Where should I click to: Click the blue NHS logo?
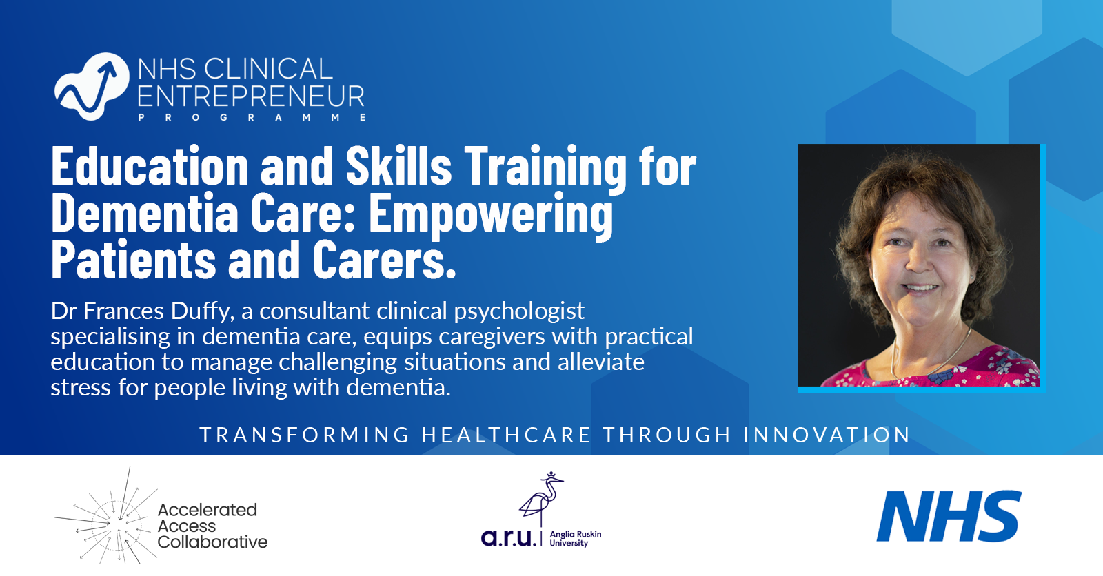coord(949,516)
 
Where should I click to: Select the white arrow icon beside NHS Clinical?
coord(91,86)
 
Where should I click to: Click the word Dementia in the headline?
coord(144,214)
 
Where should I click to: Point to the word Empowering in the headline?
coord(490,215)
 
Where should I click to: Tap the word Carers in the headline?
coord(384,260)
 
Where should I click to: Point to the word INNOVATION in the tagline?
coord(827,435)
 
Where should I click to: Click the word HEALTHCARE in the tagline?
coord(506,435)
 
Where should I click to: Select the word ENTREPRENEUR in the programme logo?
coord(251,97)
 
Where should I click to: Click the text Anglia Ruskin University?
coord(575,539)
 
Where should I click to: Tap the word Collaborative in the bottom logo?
coord(212,542)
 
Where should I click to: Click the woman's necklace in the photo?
coord(924,358)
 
